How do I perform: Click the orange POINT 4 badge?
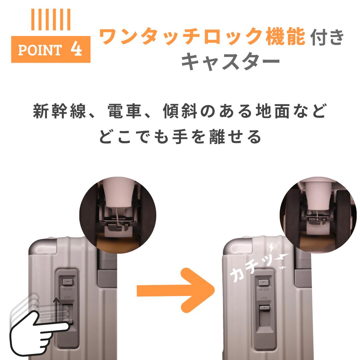click(51, 49)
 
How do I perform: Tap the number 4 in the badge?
click(76, 49)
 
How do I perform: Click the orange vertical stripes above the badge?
click(51, 20)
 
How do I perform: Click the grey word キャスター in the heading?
click(230, 61)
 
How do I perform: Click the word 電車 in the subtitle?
click(124, 111)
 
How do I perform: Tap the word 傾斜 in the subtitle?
click(180, 111)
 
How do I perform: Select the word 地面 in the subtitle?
click(273, 111)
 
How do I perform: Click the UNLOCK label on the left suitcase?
click(67, 289)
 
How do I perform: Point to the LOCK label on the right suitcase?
click(264, 298)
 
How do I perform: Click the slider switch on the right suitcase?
click(265, 315)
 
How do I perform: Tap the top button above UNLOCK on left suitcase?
click(67, 282)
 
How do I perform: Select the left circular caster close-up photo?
click(118, 215)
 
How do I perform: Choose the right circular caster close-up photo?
click(318, 215)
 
